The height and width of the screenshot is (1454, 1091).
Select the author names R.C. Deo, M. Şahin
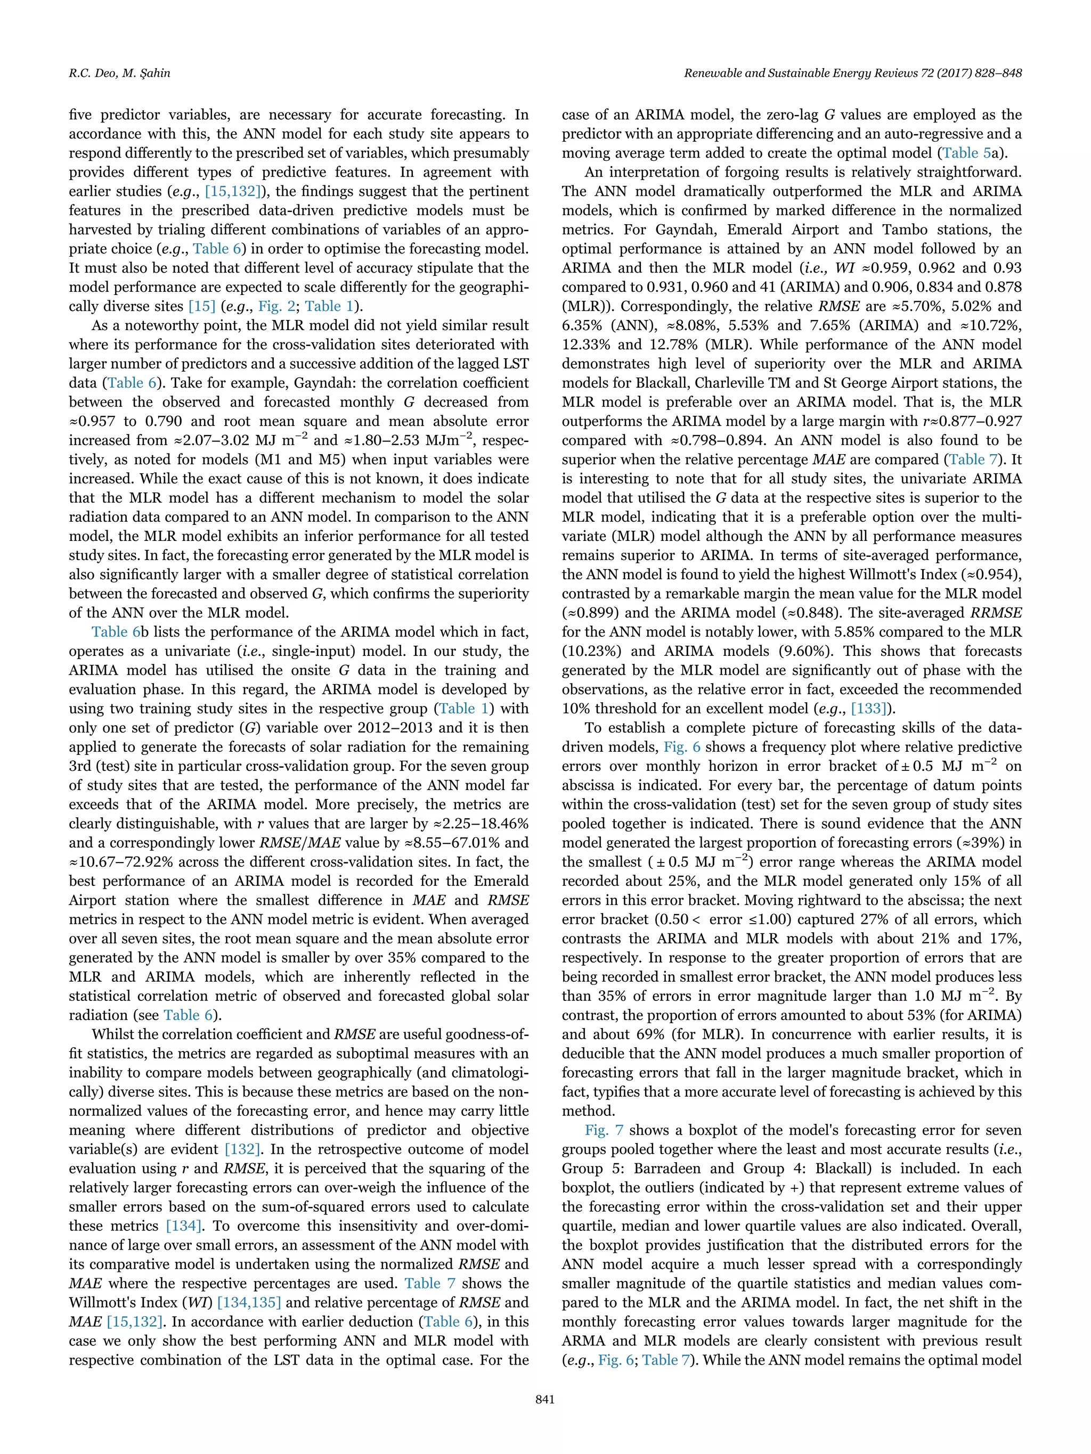[119, 73]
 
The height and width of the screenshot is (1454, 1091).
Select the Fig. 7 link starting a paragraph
[604, 1131]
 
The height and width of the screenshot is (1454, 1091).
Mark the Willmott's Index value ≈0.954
[990, 574]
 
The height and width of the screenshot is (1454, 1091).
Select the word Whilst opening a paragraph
[114, 1034]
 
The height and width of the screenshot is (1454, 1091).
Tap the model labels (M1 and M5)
[280, 459]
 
